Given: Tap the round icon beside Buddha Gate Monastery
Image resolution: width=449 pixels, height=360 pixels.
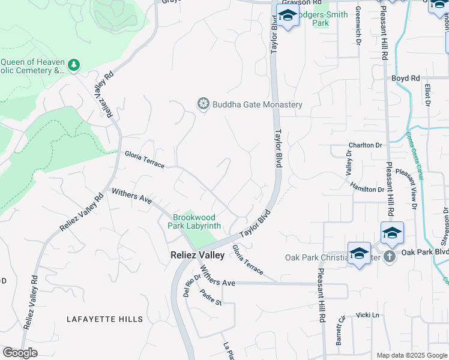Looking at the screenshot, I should coord(203,104).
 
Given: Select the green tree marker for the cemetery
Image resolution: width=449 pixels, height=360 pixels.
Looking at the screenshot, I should coord(74,64).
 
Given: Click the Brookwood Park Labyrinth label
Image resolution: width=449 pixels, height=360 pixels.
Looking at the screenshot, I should coord(197,221).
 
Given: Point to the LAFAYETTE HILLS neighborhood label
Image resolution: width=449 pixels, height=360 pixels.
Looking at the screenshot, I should coord(105,319).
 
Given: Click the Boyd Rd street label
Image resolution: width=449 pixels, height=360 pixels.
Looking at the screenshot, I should coord(406,78).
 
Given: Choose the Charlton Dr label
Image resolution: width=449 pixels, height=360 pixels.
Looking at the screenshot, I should coord(366,145).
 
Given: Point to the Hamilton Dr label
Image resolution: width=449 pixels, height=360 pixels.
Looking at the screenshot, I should coord(367,188).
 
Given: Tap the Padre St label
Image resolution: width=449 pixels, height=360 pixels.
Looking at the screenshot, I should coord(211,298).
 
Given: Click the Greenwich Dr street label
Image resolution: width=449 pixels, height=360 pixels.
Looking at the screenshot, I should coord(358,26).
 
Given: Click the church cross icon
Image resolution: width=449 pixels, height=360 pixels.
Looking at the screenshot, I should coord(389,257).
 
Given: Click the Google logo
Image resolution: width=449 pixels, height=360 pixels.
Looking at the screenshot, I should coord(20,353).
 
